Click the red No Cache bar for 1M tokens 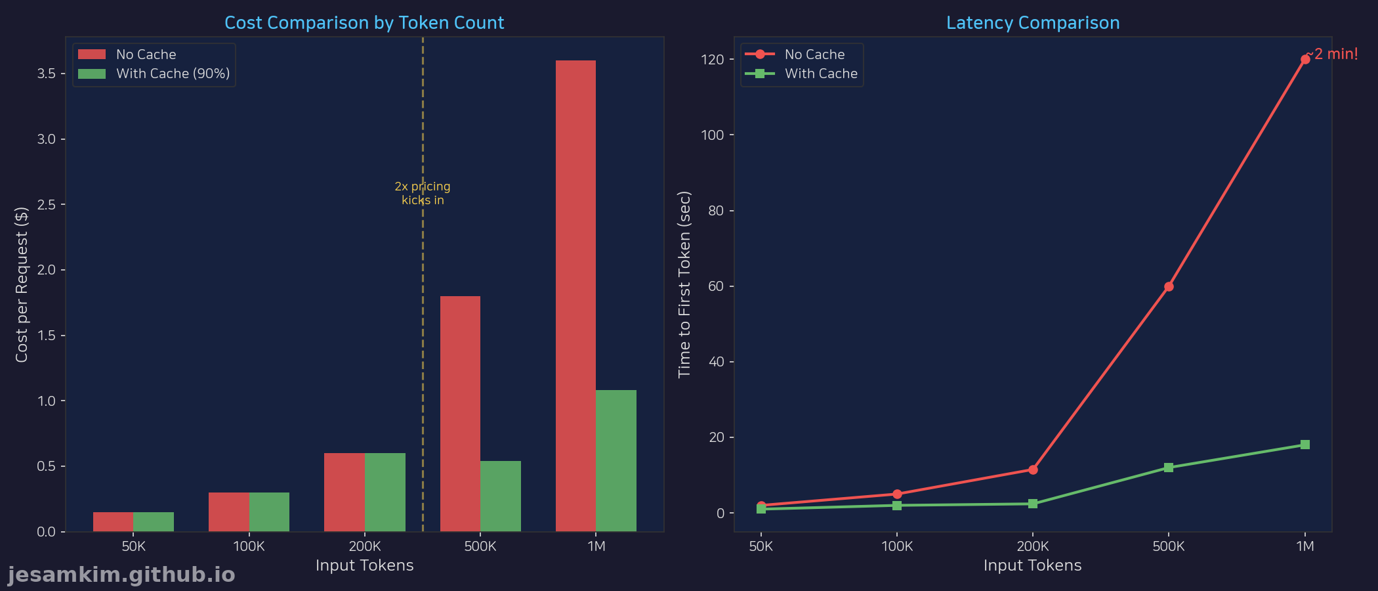click(x=575, y=295)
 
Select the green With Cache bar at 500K click(x=501, y=496)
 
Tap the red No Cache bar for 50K click(x=113, y=521)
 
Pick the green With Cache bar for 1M click(x=616, y=460)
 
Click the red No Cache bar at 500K click(x=460, y=414)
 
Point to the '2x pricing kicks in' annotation click(x=423, y=193)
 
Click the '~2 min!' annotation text click(x=1333, y=54)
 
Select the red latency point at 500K click(x=1169, y=286)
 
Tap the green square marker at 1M click(x=1305, y=445)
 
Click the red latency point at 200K click(x=1033, y=470)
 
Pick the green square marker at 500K click(x=1169, y=468)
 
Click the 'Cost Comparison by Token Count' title click(x=364, y=23)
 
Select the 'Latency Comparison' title click(x=1033, y=23)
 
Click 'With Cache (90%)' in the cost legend click(x=173, y=74)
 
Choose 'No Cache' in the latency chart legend click(x=814, y=55)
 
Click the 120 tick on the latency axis click(x=712, y=60)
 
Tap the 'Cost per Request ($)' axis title click(x=22, y=284)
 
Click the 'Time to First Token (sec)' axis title click(x=684, y=284)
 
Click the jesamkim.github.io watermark click(x=121, y=575)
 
